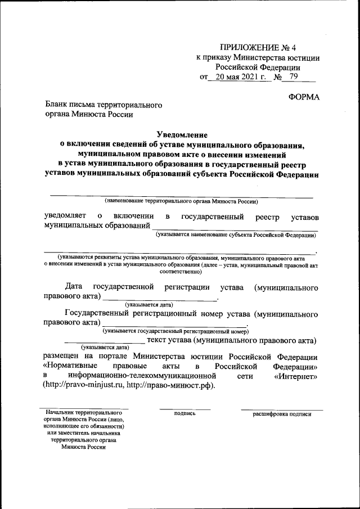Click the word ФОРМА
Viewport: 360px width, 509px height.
tap(304, 97)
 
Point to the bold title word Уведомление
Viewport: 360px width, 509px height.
tap(182, 134)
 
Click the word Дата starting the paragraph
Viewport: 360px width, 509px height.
tap(75, 287)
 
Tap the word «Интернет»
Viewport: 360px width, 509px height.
tap(296, 375)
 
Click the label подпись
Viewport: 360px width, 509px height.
tap(185, 414)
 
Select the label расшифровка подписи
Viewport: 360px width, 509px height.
tap(282, 414)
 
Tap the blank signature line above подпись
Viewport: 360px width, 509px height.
tap(185, 409)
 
